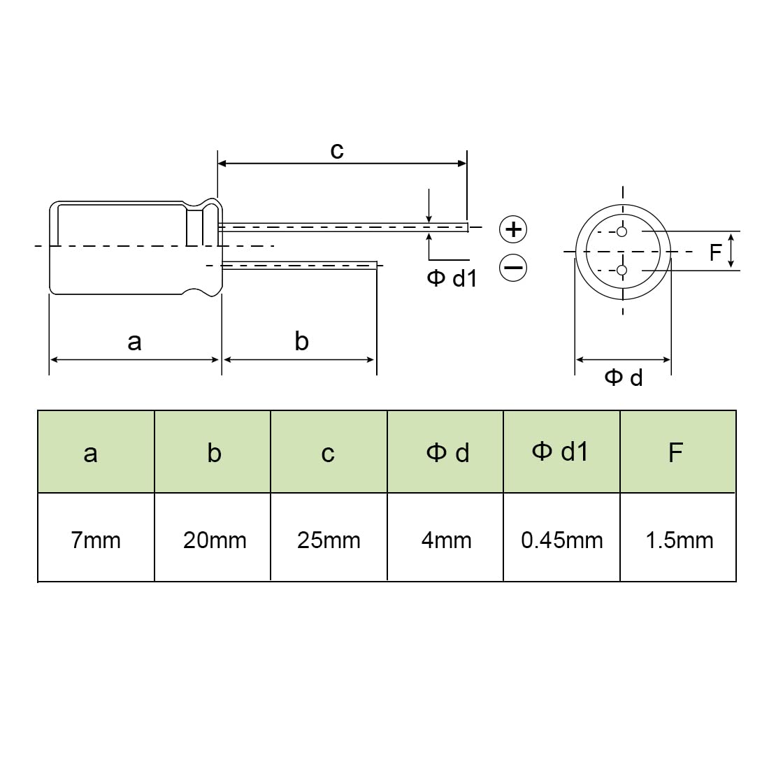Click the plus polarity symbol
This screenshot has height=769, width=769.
coord(513,229)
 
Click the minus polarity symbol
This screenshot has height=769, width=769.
coord(513,268)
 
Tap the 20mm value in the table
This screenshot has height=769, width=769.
coord(215,540)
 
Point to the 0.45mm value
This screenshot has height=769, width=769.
coord(561,540)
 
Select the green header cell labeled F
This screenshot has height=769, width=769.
coord(678,452)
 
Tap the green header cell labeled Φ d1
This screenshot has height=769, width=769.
coord(561,452)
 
